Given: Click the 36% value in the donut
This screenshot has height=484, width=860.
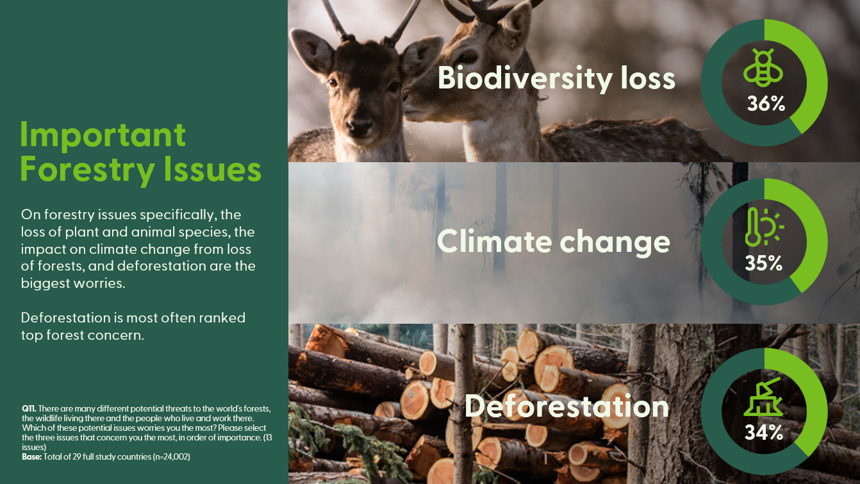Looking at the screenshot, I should tap(766, 103).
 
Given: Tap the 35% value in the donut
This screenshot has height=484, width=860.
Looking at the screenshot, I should tap(764, 263).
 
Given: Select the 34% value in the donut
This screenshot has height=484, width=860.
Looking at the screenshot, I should tap(764, 433).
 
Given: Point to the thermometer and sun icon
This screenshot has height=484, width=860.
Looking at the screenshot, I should tap(764, 228).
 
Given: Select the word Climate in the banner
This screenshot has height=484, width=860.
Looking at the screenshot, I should tap(493, 242).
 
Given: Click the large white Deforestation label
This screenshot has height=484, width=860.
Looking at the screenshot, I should tap(566, 406).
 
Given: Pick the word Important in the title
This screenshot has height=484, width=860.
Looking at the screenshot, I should tap(103, 135).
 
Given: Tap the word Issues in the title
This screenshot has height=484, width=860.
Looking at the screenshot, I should tap(212, 170).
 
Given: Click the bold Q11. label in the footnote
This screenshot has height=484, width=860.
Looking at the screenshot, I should tap(29, 409).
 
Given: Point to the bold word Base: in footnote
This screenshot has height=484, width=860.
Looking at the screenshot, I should tap(31, 457).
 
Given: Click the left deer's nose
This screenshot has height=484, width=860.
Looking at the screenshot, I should tap(360, 126).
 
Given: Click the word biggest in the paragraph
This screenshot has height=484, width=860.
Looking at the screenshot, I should tap(45, 283).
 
